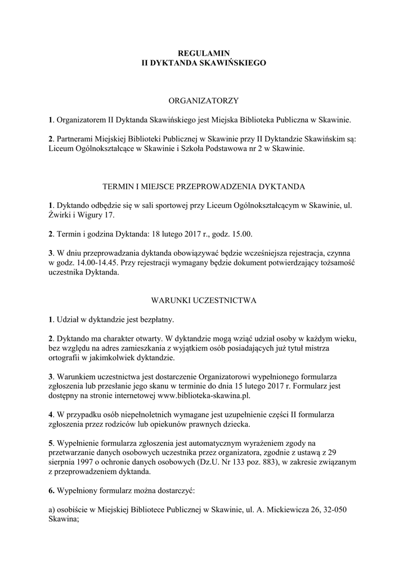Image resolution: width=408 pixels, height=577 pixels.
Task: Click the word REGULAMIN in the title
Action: tap(204, 53)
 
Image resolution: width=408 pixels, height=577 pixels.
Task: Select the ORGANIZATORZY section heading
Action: tap(204, 100)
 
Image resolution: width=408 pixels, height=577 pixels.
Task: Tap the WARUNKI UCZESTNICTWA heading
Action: tap(204, 300)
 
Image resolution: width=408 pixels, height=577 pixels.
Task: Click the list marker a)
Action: tap(52, 510)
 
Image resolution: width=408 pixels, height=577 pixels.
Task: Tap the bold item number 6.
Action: tap(51, 491)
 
